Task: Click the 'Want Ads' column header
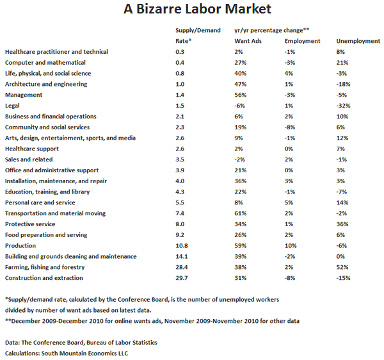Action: (247, 41)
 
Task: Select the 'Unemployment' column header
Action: (358, 41)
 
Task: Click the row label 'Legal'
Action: (13, 106)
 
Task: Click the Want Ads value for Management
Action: (241, 95)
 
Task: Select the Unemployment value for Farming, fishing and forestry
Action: (342, 267)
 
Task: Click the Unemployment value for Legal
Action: (344, 106)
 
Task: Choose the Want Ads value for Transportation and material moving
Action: (241, 213)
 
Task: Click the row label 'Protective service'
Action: (30, 224)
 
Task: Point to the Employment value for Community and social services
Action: (290, 127)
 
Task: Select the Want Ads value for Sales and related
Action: (240, 160)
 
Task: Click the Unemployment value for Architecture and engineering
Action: (344, 84)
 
